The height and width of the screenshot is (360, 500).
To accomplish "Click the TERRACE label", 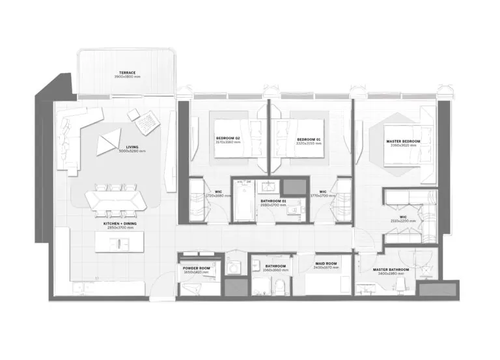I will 127,72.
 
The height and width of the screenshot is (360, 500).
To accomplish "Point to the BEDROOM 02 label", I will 229,139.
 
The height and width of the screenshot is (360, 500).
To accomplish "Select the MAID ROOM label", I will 326,264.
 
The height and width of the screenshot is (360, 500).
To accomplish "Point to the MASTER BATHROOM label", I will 391,270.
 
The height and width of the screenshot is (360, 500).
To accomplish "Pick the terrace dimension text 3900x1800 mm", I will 127,77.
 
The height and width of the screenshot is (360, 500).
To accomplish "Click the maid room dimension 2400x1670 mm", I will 326,268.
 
